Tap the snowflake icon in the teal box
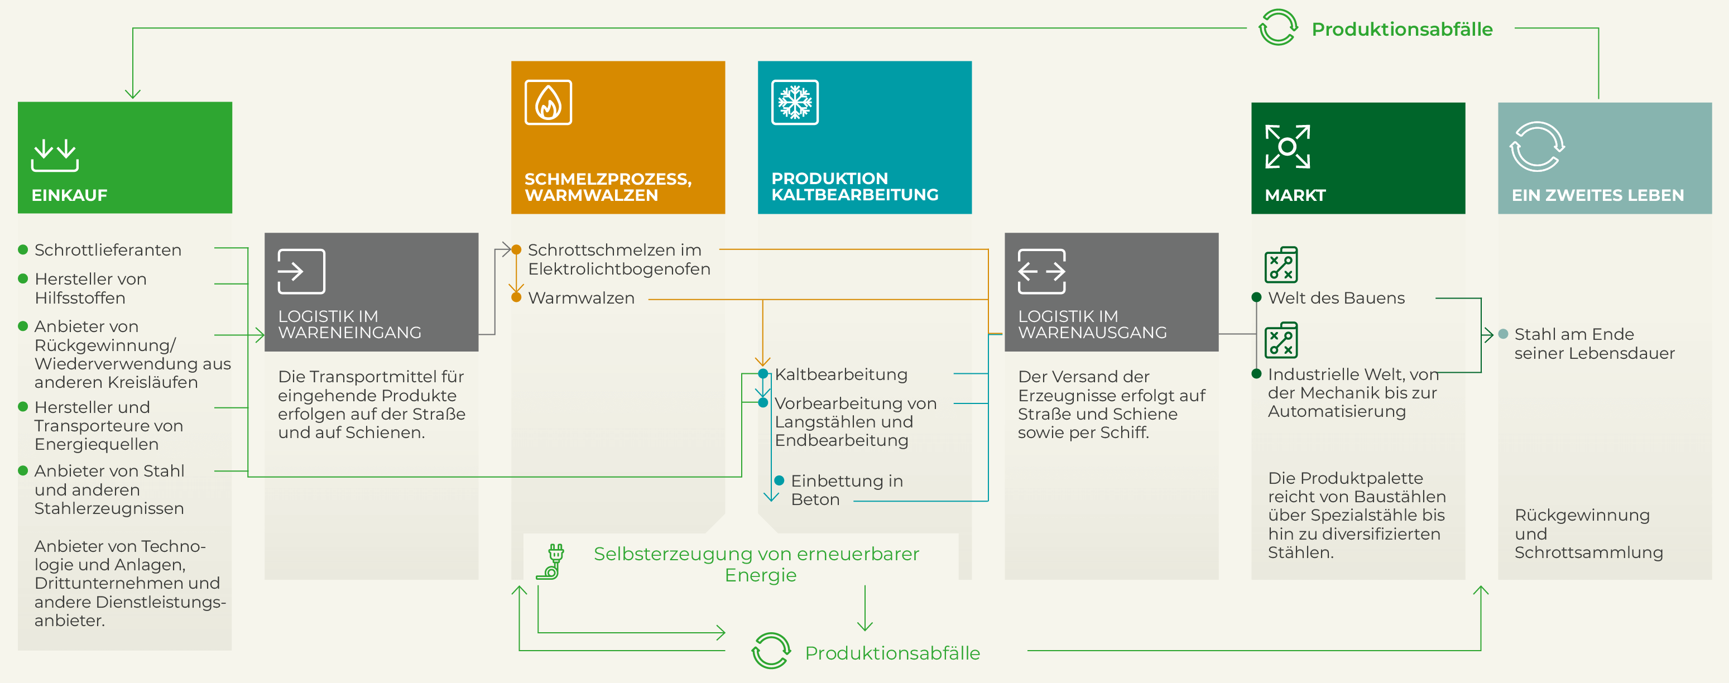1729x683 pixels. [x=795, y=103]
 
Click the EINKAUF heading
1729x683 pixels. [x=69, y=195]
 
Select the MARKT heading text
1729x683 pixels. [x=1295, y=195]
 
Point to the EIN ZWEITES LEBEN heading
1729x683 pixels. [x=1597, y=195]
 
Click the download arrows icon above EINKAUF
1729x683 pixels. [x=55, y=155]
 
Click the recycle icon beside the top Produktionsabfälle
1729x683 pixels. [x=1278, y=27]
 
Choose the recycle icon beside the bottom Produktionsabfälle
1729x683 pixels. [x=771, y=651]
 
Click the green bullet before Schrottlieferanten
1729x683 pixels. [x=23, y=249]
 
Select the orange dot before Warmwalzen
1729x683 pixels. [x=516, y=297]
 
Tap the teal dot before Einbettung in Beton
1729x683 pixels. [x=779, y=480]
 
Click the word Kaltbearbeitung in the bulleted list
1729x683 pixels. [x=841, y=374]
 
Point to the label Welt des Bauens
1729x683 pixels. [x=1336, y=298]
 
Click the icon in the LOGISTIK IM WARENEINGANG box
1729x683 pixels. [x=301, y=271]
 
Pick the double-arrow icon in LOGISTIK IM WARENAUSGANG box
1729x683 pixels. [x=1041, y=271]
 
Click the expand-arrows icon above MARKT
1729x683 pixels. [x=1288, y=146]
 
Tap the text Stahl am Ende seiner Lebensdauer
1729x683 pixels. [x=1593, y=344]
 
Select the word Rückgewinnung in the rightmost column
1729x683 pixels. [x=1581, y=515]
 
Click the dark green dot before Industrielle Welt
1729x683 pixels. [x=1256, y=374]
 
